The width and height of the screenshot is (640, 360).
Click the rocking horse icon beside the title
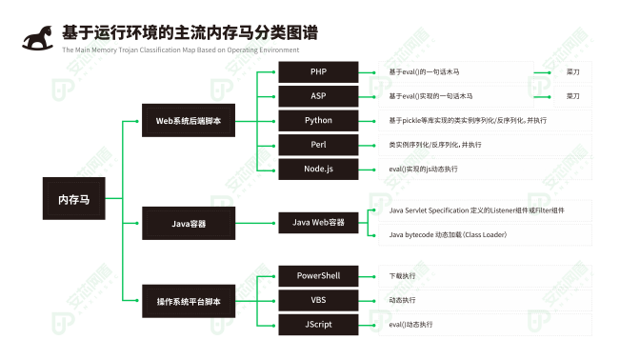click(38, 37)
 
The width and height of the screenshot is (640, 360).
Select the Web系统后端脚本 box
click(189, 121)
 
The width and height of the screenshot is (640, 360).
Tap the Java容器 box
click(189, 224)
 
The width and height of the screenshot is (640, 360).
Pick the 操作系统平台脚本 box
click(189, 301)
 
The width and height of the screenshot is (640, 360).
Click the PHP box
click(318, 72)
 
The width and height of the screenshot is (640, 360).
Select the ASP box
click(318, 96)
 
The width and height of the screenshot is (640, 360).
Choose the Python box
click(318, 121)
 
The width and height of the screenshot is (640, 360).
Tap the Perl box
click(318, 145)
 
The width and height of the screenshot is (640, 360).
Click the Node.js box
click(318, 169)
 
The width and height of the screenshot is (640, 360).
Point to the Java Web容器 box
click(318, 224)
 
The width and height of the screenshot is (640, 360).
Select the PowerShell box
click(318, 276)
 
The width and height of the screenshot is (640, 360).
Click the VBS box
click(318, 300)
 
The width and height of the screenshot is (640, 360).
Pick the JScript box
click(318, 325)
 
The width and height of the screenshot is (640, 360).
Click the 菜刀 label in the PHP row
click(572, 72)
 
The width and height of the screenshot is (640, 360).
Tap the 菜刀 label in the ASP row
click(572, 96)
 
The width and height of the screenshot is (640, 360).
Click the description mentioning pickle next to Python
click(468, 121)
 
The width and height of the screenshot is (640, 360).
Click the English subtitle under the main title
click(181, 50)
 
